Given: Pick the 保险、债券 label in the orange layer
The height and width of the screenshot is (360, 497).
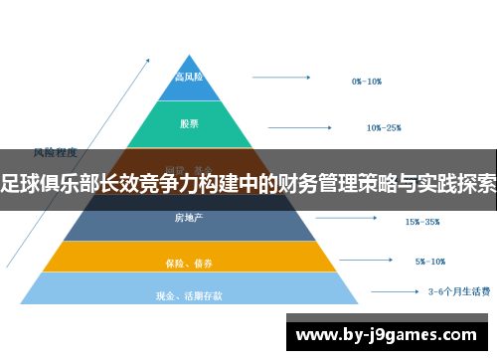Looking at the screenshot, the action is [x=190, y=264].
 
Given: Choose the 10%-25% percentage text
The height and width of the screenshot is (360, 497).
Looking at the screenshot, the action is [x=384, y=128].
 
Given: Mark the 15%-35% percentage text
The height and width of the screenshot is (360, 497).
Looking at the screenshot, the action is [x=422, y=222].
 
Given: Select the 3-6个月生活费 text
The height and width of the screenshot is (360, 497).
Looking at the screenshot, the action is [x=458, y=292].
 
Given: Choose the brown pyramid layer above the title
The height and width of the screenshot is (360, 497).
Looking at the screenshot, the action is [x=190, y=159].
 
